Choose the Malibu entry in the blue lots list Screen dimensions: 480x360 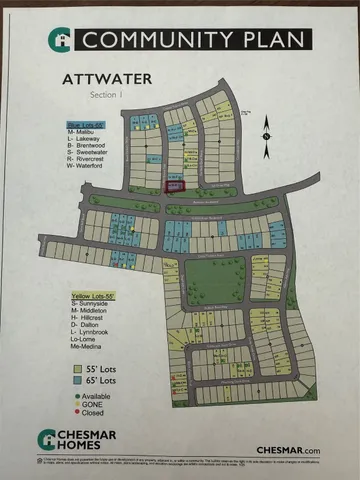click(81, 131)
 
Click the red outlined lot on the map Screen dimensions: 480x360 click(174, 186)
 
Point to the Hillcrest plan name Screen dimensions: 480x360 click(89, 322)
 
